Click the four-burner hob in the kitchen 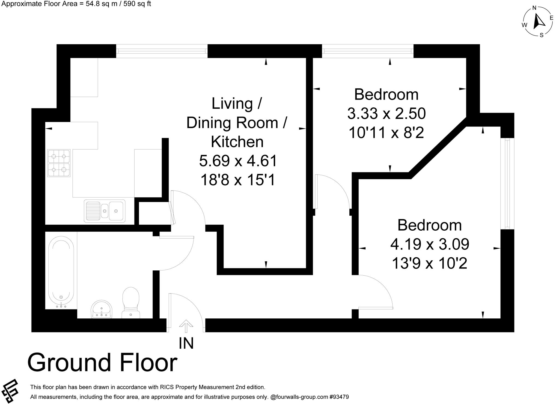click(x=59, y=163)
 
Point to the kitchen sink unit click(x=105, y=210)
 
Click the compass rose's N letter click(x=534, y=8)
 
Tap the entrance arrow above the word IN click(x=186, y=326)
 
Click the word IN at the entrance click(x=186, y=343)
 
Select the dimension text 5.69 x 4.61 click(x=238, y=161)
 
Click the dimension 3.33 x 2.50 click(x=386, y=114)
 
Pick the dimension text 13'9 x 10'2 click(x=429, y=264)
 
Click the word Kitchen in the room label click(x=237, y=142)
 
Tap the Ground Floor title click(x=102, y=363)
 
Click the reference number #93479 click(x=339, y=397)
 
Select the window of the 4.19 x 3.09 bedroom click(x=507, y=183)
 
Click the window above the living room click(x=162, y=51)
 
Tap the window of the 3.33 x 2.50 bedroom click(x=368, y=51)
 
